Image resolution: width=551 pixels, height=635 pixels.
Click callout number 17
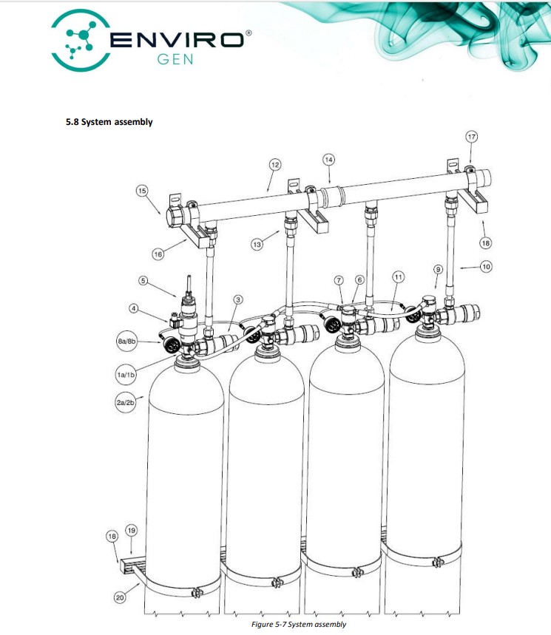point(471,137)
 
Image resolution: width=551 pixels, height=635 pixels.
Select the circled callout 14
point(328,160)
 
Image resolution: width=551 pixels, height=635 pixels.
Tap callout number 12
point(275,165)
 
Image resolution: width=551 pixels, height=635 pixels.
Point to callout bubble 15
point(142,191)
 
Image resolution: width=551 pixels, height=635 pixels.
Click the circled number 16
point(158,254)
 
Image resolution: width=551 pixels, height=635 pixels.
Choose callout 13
point(257,244)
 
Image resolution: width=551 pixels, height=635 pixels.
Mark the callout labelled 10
point(486,267)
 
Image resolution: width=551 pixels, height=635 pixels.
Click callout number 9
point(438,269)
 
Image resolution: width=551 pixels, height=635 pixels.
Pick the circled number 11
point(398,277)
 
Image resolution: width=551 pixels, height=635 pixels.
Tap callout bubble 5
point(143,281)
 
